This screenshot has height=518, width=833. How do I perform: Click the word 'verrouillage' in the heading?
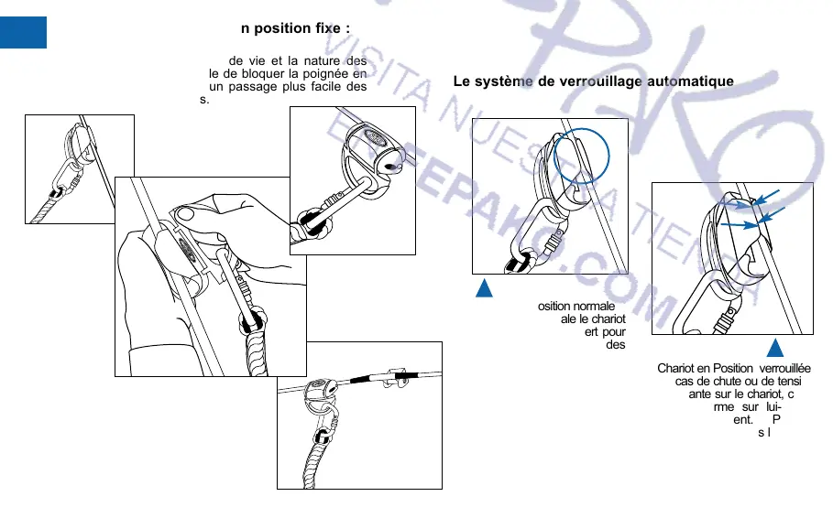coord(597,81)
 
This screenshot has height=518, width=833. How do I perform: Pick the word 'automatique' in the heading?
coord(689,81)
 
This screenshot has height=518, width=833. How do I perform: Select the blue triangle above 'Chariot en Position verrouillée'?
coord(774,348)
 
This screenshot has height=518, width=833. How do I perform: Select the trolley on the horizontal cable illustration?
coord(316,392)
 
